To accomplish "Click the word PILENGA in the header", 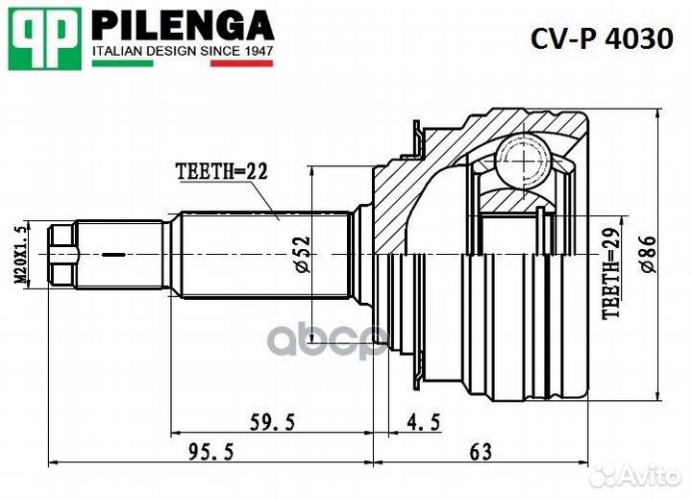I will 183,24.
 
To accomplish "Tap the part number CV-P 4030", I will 603,38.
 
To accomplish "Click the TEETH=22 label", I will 220,171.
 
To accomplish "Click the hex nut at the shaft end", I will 62,254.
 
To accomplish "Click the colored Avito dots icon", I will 605,474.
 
